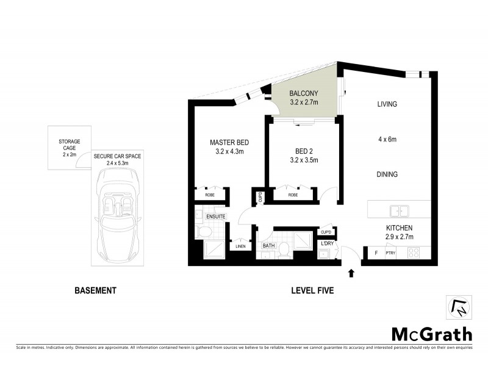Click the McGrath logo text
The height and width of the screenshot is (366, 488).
pyautogui.click(x=431, y=334)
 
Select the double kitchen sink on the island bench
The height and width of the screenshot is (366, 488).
pyautogui.click(x=400, y=212)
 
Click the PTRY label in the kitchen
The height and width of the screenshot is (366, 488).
pyautogui.click(x=391, y=252)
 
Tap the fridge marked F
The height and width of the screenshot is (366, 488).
pyautogui.click(x=376, y=252)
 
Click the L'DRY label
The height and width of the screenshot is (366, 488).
pyautogui.click(x=328, y=244)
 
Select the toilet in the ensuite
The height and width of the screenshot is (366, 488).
pyautogui.click(x=204, y=232)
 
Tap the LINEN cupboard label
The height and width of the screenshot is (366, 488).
pyautogui.click(x=240, y=246)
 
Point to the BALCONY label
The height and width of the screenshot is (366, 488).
pyautogui.click(x=304, y=93)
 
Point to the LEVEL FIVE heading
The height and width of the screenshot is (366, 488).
pyautogui.click(x=312, y=291)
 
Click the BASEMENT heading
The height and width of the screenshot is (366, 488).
pyautogui.click(x=95, y=291)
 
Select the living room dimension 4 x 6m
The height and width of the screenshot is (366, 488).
pyautogui.click(x=387, y=140)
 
